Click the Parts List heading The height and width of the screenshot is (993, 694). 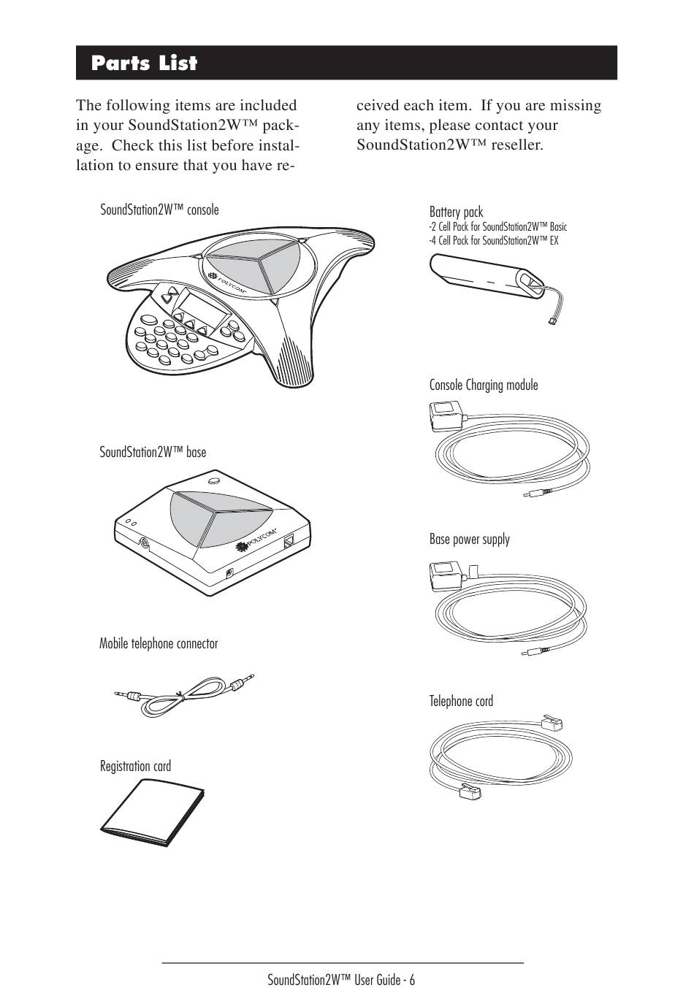(145, 64)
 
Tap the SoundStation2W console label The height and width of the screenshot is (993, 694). (159, 210)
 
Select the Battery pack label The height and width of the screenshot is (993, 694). (456, 212)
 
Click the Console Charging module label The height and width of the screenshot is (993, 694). (484, 385)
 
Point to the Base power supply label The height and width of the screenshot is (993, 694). (470, 540)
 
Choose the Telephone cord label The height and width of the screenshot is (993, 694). (461, 702)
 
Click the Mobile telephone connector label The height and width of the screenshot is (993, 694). (159, 643)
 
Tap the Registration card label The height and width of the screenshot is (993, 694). (135, 766)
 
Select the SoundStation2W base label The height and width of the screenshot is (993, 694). (153, 452)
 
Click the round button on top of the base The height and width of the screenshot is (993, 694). (213, 481)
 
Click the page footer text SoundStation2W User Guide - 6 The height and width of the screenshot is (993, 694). (341, 979)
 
